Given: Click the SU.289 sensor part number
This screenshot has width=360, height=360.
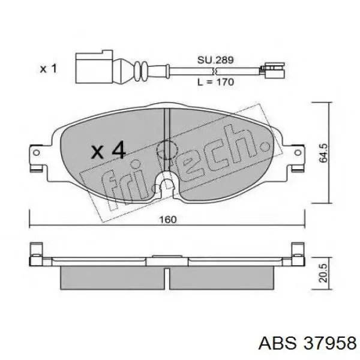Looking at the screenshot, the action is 215,60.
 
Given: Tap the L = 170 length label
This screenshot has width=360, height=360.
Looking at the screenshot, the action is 216,82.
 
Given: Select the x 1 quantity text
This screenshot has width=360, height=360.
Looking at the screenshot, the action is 48,68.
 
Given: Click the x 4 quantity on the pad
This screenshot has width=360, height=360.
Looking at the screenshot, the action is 109,151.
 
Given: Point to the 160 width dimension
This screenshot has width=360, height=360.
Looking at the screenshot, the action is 168,220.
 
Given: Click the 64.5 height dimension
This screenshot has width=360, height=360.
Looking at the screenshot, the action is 324,153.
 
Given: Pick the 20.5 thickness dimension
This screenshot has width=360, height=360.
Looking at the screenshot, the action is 323,273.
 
